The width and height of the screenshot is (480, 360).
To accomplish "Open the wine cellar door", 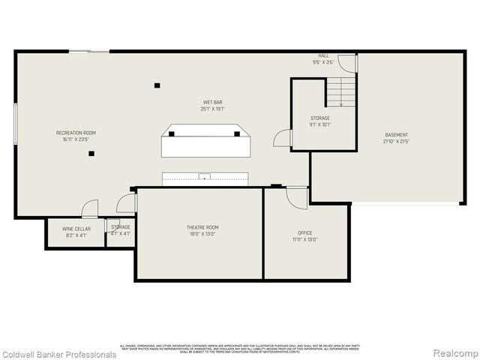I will [90, 208].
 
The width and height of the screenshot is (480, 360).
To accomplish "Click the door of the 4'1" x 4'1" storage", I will [126, 203].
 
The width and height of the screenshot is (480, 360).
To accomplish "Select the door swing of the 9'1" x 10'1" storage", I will [282, 139].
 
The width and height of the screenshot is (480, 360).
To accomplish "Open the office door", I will [298, 196].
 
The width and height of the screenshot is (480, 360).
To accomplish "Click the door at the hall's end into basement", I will [356, 63].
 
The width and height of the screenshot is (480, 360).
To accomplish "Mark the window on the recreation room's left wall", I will [16, 124].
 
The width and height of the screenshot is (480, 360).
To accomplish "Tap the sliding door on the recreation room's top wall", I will [99, 51].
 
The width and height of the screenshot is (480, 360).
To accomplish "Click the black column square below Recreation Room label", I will [91, 154].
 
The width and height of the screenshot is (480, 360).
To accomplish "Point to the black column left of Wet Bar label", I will [157, 85].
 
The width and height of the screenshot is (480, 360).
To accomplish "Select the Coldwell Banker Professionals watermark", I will [58, 354].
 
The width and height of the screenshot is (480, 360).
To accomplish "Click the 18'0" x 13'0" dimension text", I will [202, 234].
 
